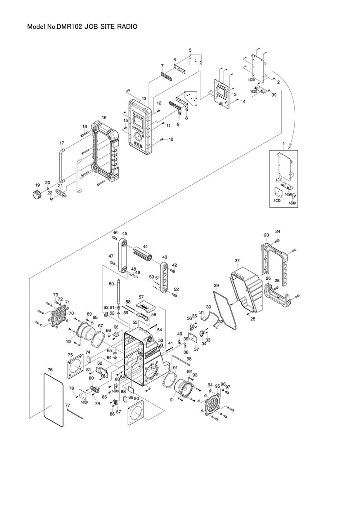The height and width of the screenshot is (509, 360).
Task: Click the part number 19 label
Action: coord(37,185)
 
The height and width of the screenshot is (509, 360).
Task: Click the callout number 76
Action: coord(50,370)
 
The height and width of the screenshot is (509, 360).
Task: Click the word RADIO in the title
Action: coord(121,27)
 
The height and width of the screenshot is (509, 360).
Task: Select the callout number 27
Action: coord(237,260)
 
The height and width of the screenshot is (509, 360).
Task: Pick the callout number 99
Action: coord(274,95)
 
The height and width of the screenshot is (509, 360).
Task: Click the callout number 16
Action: coord(104,118)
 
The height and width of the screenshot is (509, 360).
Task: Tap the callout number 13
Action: coord(144,98)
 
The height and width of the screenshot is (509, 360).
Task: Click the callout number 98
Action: coord(189,358)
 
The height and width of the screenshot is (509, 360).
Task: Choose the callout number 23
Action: coord(266,235)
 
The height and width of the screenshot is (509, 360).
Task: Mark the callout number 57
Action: coord(141,297)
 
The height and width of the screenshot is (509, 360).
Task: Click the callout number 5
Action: coord(190,50)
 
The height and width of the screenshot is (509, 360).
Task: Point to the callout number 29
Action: coord(216,286)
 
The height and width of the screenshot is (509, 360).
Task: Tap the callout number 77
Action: coord(67,405)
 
